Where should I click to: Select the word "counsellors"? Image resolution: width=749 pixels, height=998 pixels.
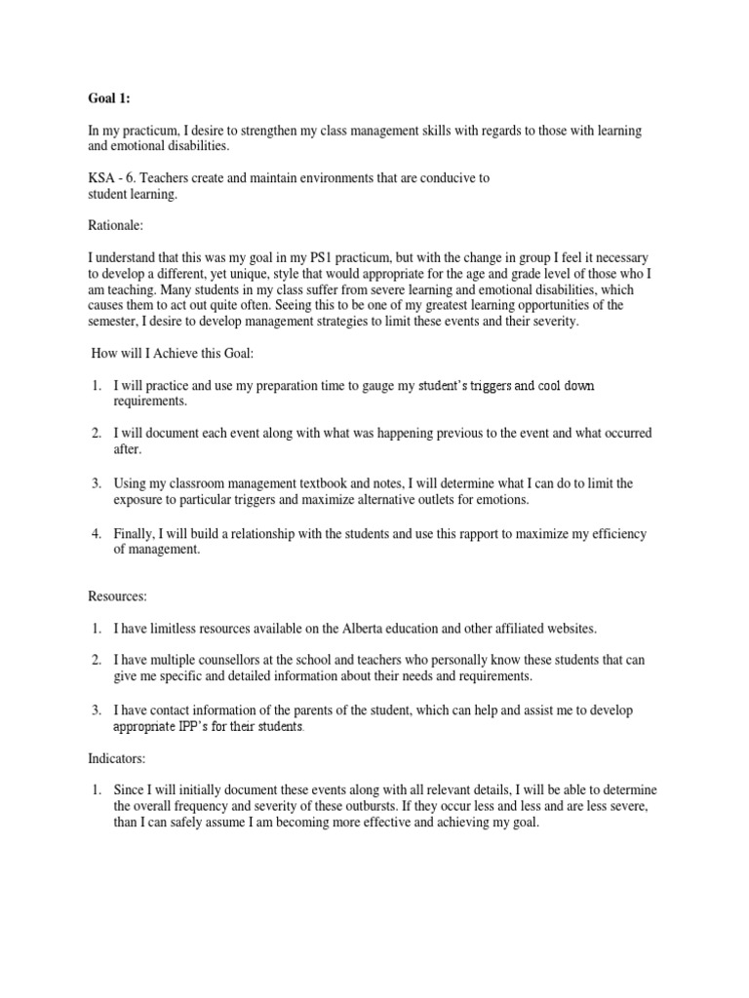pyautogui.click(x=239, y=661)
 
